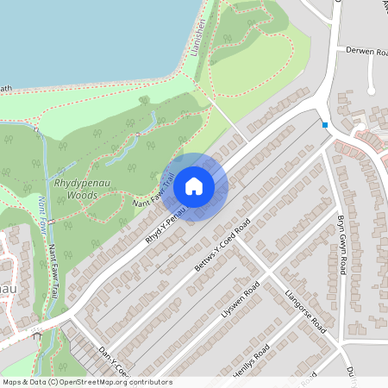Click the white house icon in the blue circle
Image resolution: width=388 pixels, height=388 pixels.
[194, 185]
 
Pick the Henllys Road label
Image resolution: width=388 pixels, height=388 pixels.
[251, 361]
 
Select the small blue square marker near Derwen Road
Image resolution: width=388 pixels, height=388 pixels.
[324, 125]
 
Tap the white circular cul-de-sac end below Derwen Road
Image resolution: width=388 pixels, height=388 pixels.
[372, 88]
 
